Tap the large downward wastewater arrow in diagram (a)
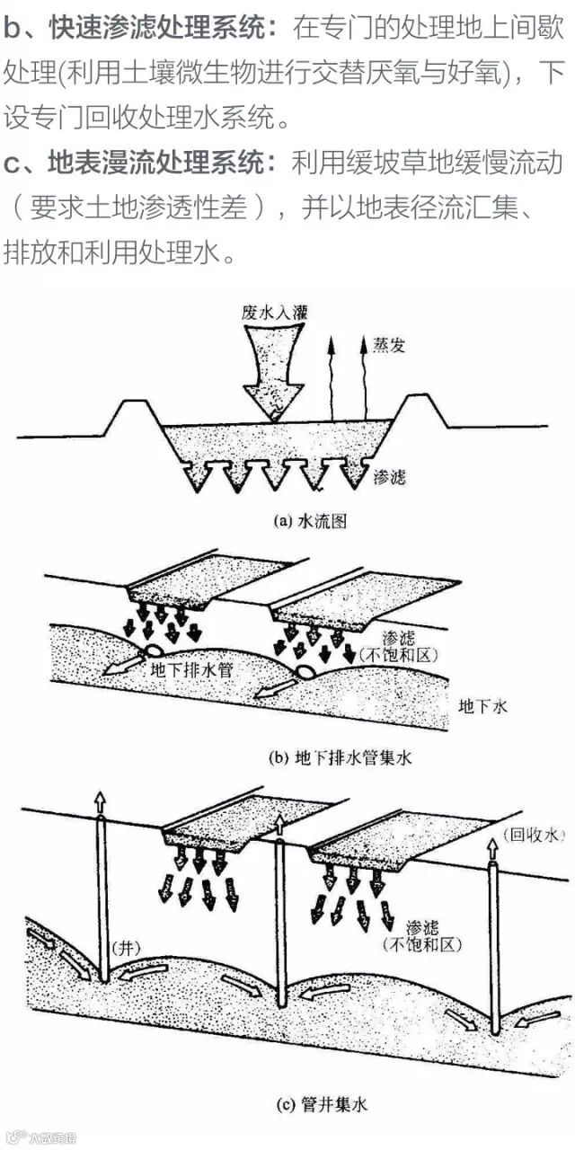(x=273, y=368)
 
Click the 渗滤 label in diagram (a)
(x=388, y=476)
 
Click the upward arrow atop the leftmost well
(x=101, y=803)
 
